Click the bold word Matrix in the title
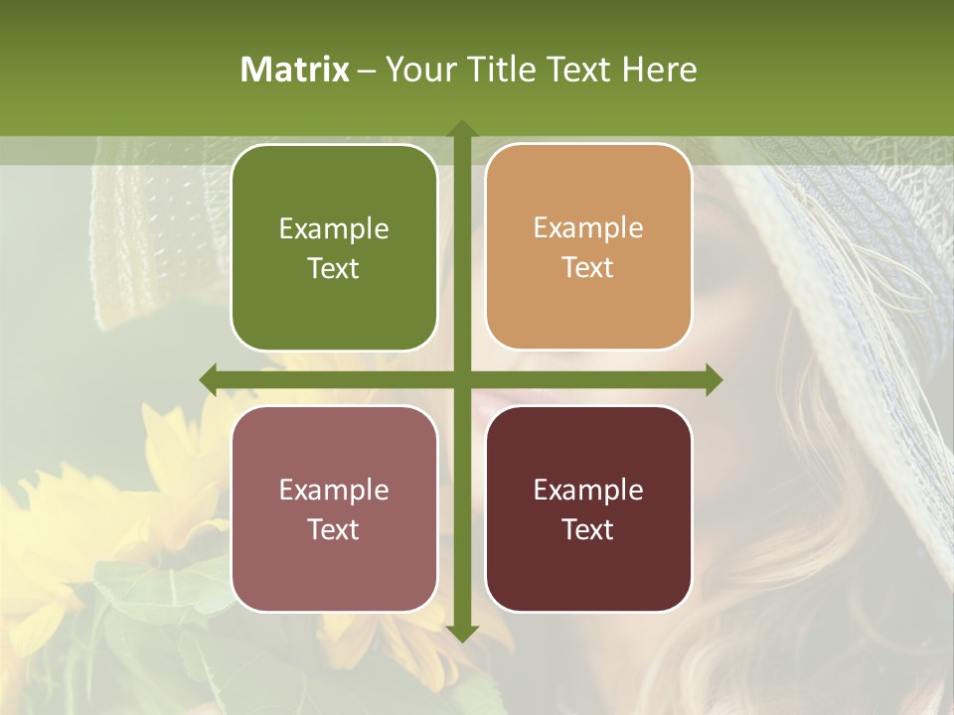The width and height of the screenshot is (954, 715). coord(295,70)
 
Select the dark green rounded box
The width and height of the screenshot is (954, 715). coord(334,248)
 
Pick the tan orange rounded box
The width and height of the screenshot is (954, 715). coord(588,247)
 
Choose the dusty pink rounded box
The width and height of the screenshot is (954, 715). coord(334,508)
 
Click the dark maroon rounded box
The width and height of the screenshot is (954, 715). coord(588,508)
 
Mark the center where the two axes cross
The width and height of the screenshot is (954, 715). coord(461,379)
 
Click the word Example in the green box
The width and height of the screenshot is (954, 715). coord(334,229)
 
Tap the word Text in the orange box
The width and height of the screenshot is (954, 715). coord(588,268)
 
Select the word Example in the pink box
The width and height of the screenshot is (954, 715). coord(334,491)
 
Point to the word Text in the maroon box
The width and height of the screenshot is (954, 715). coord(588,529)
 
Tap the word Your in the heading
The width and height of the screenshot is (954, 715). coord(415,70)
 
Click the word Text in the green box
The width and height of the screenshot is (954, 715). coord(334,269)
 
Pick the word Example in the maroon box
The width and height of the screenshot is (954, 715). coord(588,491)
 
